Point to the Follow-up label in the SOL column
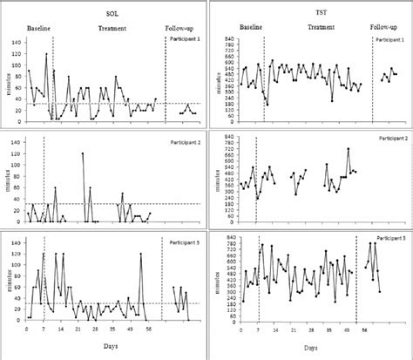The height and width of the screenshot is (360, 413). tap(182, 29)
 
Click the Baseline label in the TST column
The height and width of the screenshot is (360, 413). tap(251, 29)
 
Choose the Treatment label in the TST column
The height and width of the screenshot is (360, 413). tap(321, 29)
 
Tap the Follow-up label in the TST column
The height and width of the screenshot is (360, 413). tap(386, 29)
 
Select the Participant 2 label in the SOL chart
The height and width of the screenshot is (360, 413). tap(182, 140)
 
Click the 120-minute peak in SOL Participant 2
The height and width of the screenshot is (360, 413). tap(84, 153)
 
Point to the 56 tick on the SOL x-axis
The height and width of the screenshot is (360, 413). tap(149, 330)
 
